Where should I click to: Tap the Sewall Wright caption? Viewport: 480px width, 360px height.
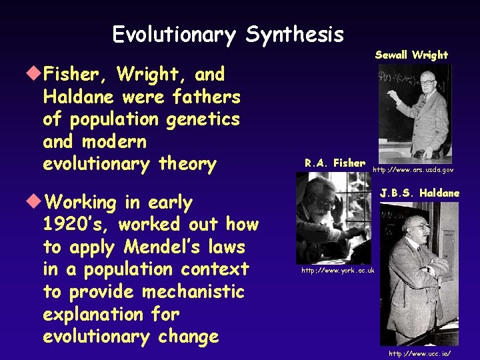coord(411,55)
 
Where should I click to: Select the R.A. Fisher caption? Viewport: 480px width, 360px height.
coord(335,163)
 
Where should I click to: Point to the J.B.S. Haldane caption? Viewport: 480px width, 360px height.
coord(419,193)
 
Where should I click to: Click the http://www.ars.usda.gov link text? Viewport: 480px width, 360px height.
coord(413,170)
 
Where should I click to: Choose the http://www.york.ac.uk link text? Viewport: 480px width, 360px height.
coord(338,270)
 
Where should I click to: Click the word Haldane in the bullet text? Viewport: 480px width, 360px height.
coord(79,97)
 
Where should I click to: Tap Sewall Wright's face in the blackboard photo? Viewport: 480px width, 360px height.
coord(428,85)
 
